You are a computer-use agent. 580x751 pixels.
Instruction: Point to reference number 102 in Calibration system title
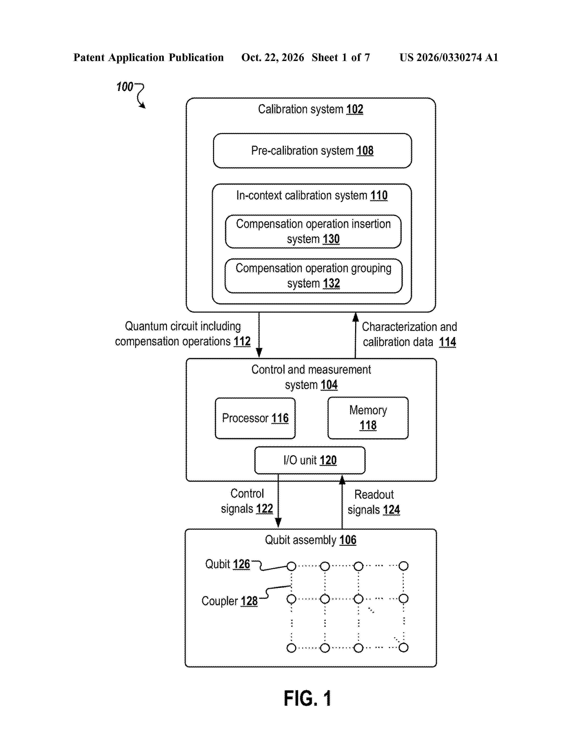355,109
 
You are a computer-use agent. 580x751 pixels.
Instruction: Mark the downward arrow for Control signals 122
278,501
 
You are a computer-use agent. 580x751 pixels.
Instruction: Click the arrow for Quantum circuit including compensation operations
259,335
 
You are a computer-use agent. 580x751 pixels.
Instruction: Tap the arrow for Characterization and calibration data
356,335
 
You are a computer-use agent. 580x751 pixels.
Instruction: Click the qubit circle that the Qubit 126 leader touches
291,566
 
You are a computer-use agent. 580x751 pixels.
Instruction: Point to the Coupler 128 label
229,601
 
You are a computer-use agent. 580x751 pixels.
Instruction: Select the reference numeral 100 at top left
124,87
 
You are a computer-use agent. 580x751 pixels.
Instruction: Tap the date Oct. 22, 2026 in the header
272,57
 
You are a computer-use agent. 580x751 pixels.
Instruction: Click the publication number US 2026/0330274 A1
449,57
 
